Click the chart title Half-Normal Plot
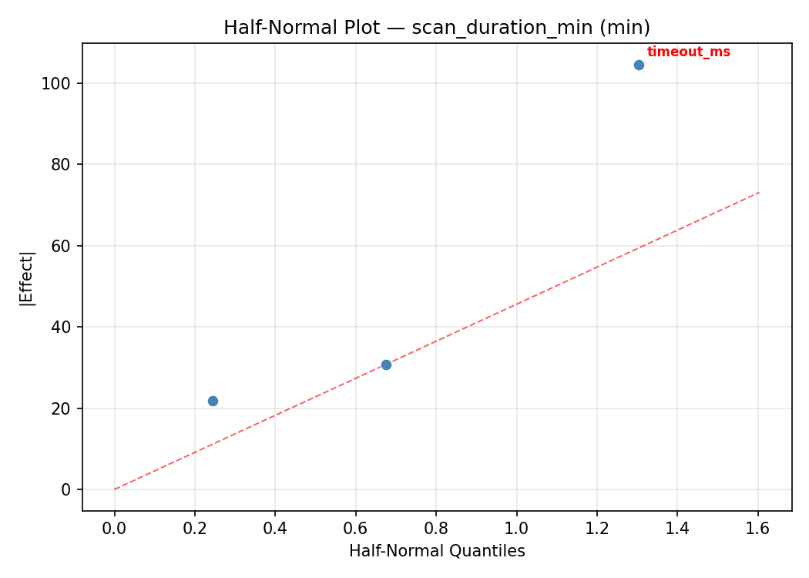437,28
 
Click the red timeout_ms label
688,52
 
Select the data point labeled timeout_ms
639,65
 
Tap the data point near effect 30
386,365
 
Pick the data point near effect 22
213,401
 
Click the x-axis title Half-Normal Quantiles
437,551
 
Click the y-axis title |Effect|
27,277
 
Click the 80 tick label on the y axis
65,165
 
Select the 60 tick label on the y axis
65,246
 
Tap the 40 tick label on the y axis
65,328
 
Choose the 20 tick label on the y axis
65,408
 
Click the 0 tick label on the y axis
69,490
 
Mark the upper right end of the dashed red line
759,192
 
